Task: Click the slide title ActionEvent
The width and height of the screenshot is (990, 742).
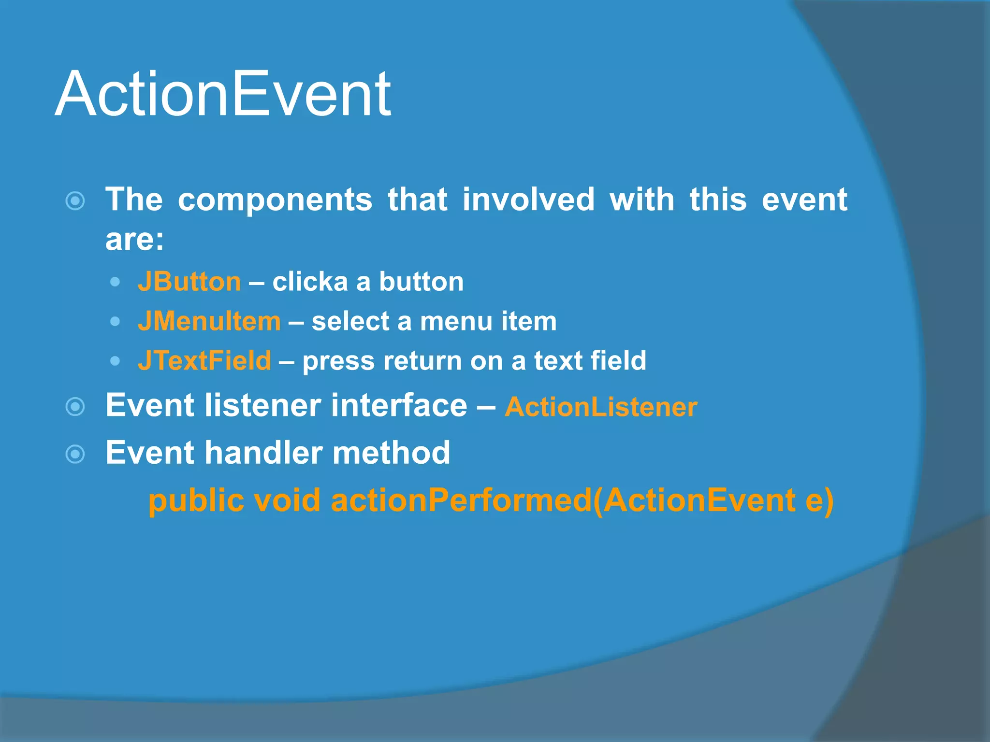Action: (x=223, y=94)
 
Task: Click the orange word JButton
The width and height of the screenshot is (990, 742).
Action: (x=189, y=282)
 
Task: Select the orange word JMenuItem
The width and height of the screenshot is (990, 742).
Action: (x=209, y=321)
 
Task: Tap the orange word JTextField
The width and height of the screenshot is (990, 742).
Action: (x=204, y=361)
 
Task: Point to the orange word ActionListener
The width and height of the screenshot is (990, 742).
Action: (x=600, y=407)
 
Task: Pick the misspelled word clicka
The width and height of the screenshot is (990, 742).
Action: (x=310, y=282)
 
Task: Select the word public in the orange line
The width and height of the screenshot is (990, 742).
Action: (x=196, y=501)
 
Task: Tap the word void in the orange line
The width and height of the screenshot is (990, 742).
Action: (x=287, y=500)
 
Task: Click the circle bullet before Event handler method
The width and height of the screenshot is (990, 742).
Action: (x=75, y=454)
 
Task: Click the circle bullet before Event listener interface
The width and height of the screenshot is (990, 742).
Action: (x=75, y=407)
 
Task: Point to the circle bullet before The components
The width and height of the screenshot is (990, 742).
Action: (x=75, y=201)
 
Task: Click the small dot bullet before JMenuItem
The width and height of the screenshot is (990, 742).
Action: (x=115, y=321)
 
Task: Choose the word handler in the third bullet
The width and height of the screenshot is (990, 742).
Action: (x=263, y=453)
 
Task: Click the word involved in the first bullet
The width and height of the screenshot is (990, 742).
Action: (x=528, y=200)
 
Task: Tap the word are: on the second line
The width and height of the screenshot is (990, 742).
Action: (x=135, y=239)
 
